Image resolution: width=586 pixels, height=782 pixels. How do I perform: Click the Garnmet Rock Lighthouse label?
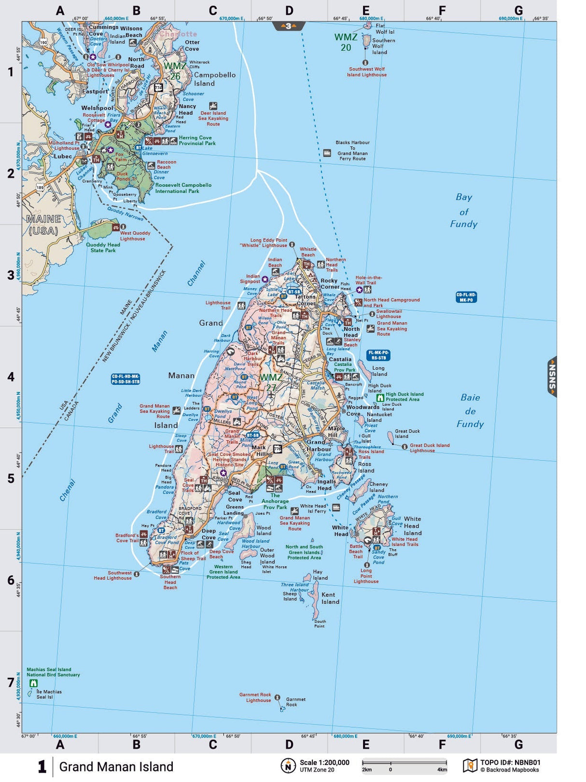pyautogui.click(x=255, y=697)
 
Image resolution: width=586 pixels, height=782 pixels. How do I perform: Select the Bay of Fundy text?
pyautogui.click(x=463, y=211)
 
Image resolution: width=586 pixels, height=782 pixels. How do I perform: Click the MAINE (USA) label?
pyautogui.click(x=43, y=225)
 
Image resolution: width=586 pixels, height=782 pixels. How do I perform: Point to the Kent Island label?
pyautogui.click(x=330, y=598)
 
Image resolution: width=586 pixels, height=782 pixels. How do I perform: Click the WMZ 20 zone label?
pyautogui.click(x=346, y=42)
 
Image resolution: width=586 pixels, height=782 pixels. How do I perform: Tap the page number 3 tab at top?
pyautogui.click(x=289, y=26)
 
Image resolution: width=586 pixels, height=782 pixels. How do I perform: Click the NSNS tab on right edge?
pyautogui.click(x=552, y=377)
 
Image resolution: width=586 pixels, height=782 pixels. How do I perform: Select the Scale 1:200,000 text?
pyautogui.click(x=324, y=763)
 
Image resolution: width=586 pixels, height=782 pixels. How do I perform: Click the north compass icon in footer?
pyautogui.click(x=288, y=766)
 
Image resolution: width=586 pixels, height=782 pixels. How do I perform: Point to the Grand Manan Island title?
pyautogui.click(x=116, y=767)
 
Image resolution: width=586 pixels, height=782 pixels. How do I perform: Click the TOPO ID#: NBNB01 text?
pyautogui.click(x=510, y=763)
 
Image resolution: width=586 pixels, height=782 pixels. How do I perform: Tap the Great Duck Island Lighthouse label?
pyautogui.click(x=429, y=448)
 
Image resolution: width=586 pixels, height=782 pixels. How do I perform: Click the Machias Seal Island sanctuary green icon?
pyautogui.click(x=33, y=683)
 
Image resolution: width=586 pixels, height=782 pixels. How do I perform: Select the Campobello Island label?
pyautogui.click(x=214, y=79)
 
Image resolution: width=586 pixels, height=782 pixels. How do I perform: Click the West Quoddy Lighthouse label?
pyautogui.click(x=135, y=236)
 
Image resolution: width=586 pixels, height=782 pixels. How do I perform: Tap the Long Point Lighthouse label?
pyautogui.click(x=366, y=576)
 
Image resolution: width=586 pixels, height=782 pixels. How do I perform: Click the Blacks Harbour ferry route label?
pyautogui.click(x=352, y=150)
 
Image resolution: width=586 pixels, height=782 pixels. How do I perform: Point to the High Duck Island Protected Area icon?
pyautogui.click(x=380, y=397)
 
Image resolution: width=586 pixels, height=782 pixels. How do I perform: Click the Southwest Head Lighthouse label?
pyautogui.click(x=112, y=575)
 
